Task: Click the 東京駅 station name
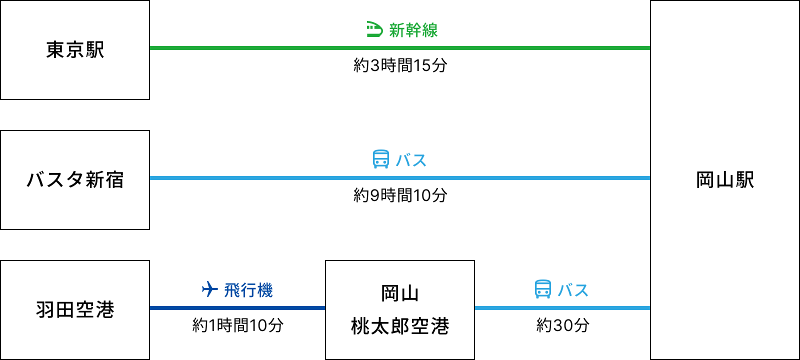75,50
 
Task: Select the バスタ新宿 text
75,180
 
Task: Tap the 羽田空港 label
75,310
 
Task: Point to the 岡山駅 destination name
725,180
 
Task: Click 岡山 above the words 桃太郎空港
399,293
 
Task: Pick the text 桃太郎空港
400,326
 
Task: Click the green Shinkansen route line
400,48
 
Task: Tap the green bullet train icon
374,30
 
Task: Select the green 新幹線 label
413,30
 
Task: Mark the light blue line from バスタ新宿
400,178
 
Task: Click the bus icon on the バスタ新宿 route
381,159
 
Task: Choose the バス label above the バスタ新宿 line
411,160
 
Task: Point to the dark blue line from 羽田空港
237,308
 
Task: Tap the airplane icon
210,289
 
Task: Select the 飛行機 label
248,290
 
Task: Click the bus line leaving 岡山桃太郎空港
562,308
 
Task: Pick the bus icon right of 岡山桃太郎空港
543,289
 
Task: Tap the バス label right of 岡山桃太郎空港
573,290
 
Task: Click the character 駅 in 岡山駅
744,180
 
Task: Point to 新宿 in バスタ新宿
105,180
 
